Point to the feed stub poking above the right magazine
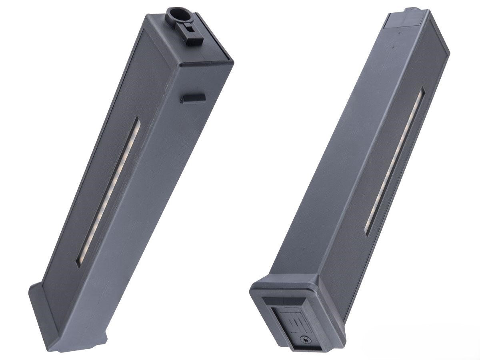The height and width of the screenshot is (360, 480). (410, 9)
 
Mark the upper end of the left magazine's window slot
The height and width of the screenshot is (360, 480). (136, 120)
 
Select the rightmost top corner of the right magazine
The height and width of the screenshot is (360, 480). (449, 52)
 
